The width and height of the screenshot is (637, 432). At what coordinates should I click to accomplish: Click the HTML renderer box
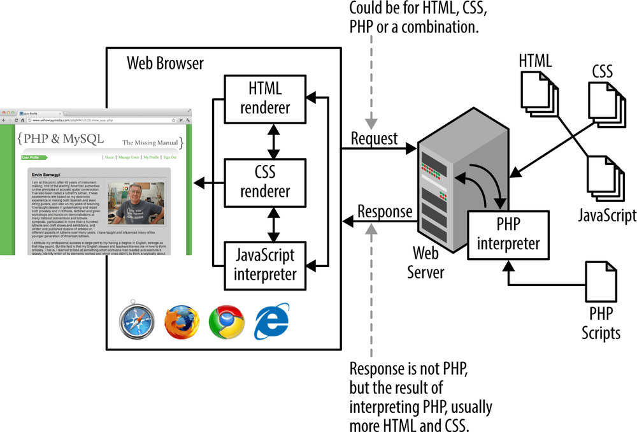pos(265,99)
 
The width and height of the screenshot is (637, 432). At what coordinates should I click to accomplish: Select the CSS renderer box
pos(265,182)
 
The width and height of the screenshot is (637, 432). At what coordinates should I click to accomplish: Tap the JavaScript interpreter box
pos(265,265)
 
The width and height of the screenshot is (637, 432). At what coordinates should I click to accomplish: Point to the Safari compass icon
pos(136,321)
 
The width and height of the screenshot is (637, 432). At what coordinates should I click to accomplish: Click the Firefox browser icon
pos(182,322)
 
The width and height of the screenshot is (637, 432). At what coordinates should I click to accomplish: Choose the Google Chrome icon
pos(226,322)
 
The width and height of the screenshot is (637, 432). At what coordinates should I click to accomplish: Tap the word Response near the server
pos(385,212)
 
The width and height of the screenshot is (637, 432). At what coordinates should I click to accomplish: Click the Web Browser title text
pos(166,63)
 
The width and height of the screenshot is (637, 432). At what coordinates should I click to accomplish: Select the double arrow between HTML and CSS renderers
pos(274,141)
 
